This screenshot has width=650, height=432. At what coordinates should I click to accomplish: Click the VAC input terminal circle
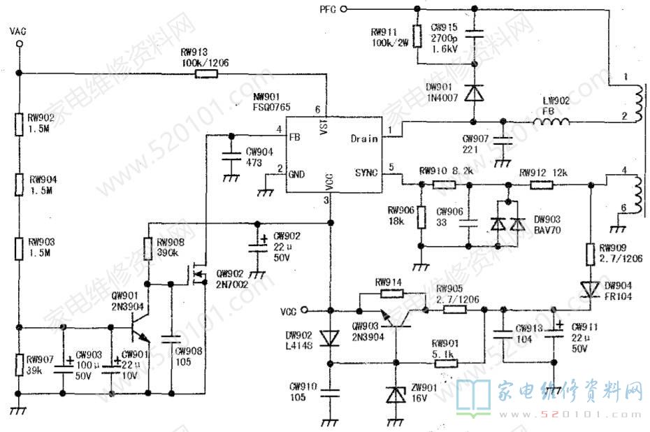click(x=20, y=44)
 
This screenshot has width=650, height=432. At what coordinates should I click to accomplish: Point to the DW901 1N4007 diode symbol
click(x=475, y=92)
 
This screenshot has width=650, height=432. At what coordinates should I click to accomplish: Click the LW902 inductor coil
click(x=551, y=122)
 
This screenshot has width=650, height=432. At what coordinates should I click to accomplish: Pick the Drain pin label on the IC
click(x=364, y=138)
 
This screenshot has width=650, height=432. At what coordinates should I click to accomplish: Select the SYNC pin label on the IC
click(x=365, y=172)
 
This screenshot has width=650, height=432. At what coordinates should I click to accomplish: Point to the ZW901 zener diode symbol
click(x=396, y=396)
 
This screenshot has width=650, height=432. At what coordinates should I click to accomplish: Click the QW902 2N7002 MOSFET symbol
click(x=198, y=275)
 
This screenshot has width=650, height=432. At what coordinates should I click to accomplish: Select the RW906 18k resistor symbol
click(x=421, y=217)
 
